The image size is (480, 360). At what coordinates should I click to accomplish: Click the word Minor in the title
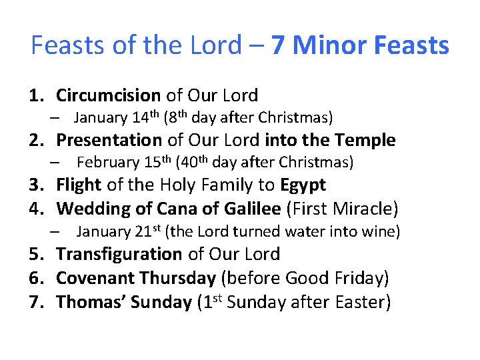pos(330,46)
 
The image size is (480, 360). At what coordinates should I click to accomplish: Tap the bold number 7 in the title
pos(279,46)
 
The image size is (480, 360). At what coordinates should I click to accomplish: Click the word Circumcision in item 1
pos(109,95)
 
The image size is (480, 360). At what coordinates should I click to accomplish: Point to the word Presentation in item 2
pos(109,140)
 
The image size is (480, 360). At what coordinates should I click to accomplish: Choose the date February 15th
pos(123,162)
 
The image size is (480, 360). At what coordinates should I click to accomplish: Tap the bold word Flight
pos(79,185)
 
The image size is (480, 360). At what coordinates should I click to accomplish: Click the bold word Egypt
pos(303,185)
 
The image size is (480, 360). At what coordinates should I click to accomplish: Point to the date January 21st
pos(119,231)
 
